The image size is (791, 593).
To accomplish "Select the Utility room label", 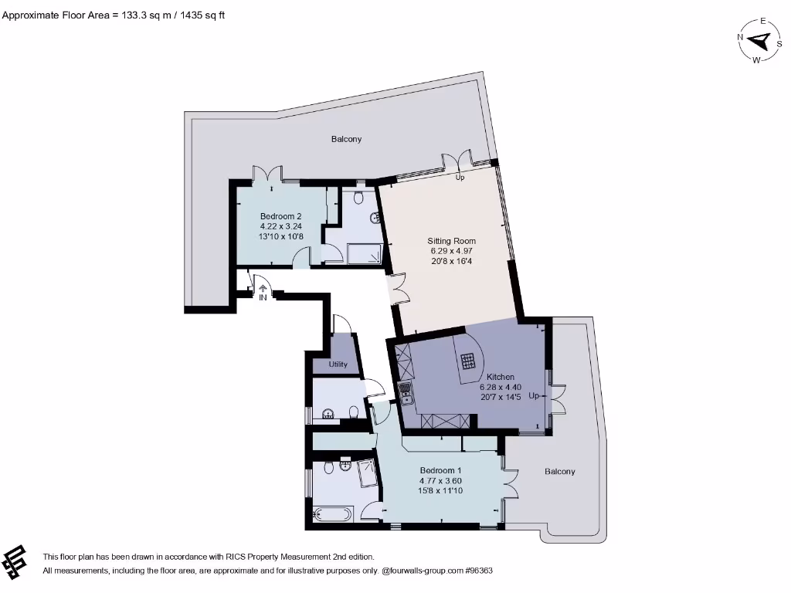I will [x=338, y=364].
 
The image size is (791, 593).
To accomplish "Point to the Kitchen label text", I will [x=500, y=377].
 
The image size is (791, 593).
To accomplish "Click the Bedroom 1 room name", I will [x=440, y=471].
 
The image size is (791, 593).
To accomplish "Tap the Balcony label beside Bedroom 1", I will [x=559, y=472].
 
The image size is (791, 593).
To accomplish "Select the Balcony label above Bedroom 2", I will [x=346, y=140].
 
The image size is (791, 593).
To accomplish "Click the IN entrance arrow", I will [x=263, y=292].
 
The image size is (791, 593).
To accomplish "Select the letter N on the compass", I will [x=740, y=37].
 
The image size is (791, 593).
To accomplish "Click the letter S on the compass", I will [x=779, y=44].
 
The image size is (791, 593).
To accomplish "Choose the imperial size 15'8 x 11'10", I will [x=440, y=491].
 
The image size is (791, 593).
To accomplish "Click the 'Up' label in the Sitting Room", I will [x=460, y=178].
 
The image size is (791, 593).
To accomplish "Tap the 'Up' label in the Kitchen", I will [x=534, y=396].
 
